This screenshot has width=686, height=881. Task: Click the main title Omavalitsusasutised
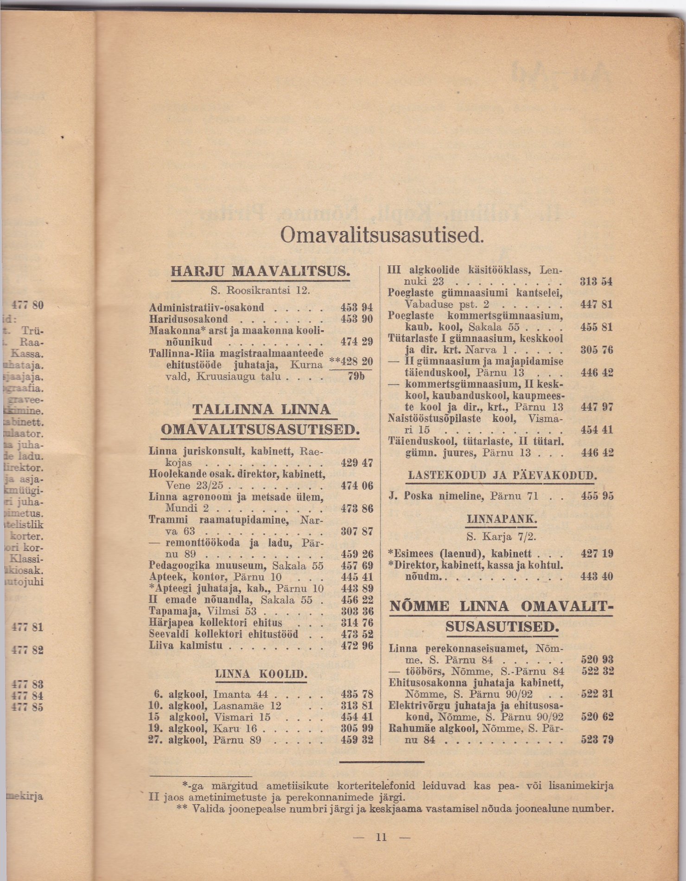pyautogui.click(x=382, y=235)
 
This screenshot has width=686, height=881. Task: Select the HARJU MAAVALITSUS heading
pyautogui.click(x=260, y=271)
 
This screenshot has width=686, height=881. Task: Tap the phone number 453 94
pyautogui.click(x=356, y=307)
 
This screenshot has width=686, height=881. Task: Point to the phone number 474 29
pyautogui.click(x=356, y=342)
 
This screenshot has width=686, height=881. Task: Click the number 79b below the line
pyautogui.click(x=356, y=376)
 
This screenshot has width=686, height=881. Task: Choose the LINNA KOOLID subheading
pyautogui.click(x=260, y=674)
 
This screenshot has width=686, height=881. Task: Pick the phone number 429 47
pyautogui.click(x=356, y=462)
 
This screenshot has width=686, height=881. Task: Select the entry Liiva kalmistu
pyautogui.click(x=186, y=645)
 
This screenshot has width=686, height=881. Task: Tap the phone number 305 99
pyautogui.click(x=356, y=728)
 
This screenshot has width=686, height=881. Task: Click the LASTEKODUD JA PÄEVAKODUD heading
pyautogui.click(x=502, y=476)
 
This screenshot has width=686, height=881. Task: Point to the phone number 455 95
pyautogui.click(x=597, y=496)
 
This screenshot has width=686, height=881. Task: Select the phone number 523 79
pyautogui.click(x=597, y=740)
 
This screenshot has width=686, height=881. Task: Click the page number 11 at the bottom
pyautogui.click(x=381, y=837)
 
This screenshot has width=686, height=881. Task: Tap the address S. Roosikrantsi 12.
pyautogui.click(x=260, y=291)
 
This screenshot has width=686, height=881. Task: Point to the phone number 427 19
pyautogui.click(x=597, y=554)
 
